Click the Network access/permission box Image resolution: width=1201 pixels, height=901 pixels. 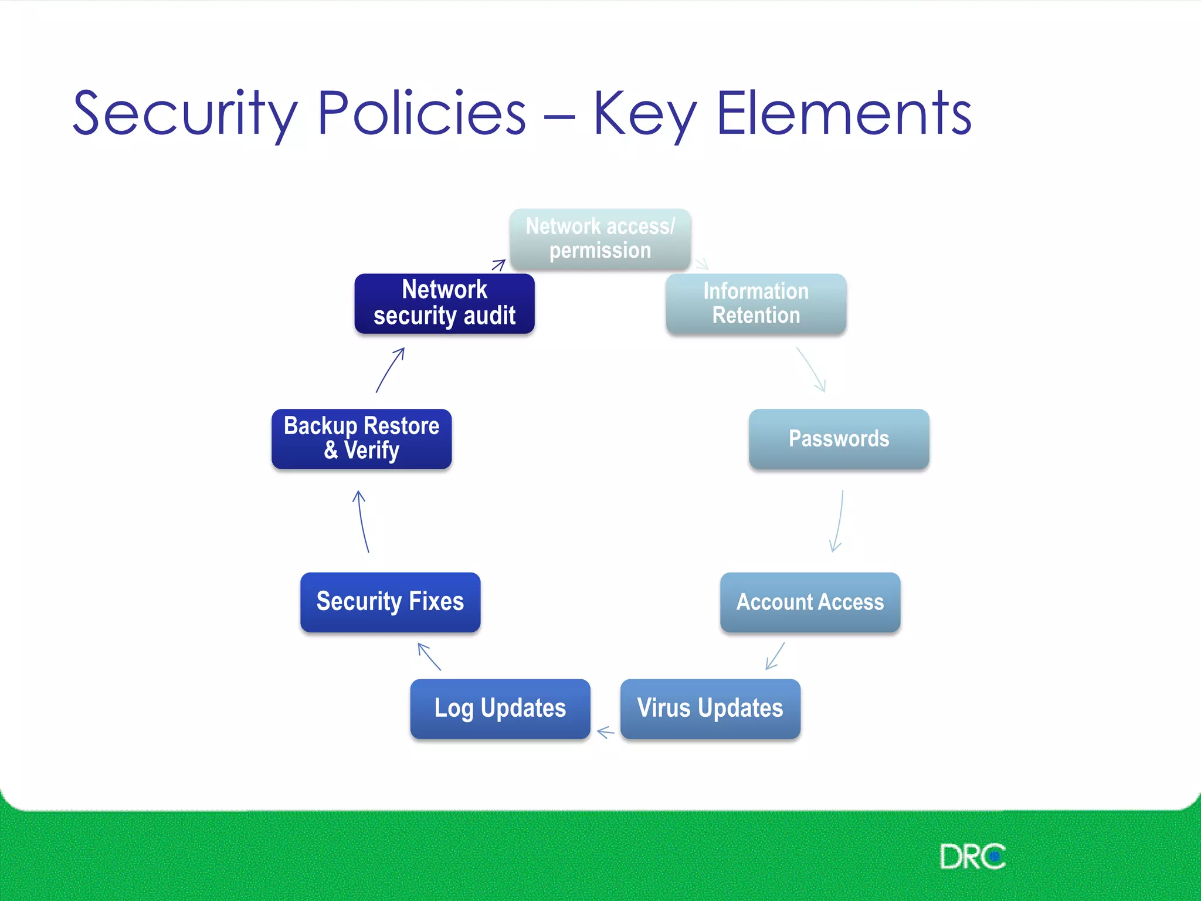point(600,239)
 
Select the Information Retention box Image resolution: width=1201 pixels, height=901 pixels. point(756,304)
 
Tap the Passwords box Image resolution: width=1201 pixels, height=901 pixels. point(839,439)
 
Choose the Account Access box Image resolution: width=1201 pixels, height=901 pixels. point(810,602)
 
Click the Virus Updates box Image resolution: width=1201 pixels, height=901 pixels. point(710,708)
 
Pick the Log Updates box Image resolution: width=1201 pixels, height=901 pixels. point(500,708)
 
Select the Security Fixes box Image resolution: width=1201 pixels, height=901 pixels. point(390,602)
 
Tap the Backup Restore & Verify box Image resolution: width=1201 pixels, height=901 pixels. point(361,439)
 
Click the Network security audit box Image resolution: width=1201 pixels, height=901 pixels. point(445,303)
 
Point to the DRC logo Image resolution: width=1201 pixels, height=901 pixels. point(972,857)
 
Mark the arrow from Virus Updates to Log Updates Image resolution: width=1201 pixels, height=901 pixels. point(605,732)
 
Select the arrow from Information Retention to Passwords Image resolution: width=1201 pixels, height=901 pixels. point(812,370)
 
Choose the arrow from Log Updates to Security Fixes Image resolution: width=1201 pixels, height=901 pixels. point(429,656)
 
